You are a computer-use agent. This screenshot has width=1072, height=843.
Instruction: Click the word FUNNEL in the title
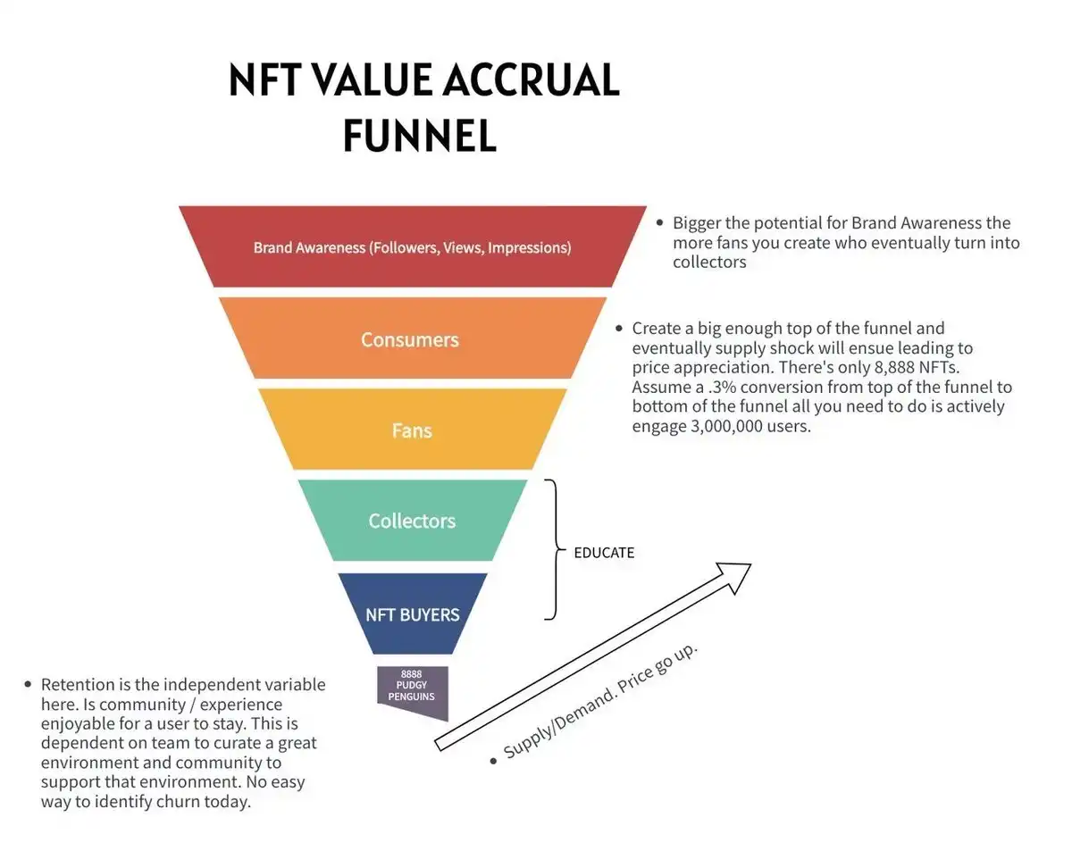[x=419, y=136]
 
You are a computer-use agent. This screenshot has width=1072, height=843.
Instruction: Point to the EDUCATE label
[x=604, y=553]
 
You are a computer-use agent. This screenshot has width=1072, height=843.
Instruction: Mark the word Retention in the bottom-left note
[x=78, y=685]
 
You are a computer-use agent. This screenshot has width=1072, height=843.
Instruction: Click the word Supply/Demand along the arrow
[x=552, y=724]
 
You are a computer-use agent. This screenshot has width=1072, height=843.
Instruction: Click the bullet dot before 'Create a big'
[x=619, y=329]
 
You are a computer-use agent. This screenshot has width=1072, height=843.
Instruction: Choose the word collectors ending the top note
[x=709, y=263]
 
